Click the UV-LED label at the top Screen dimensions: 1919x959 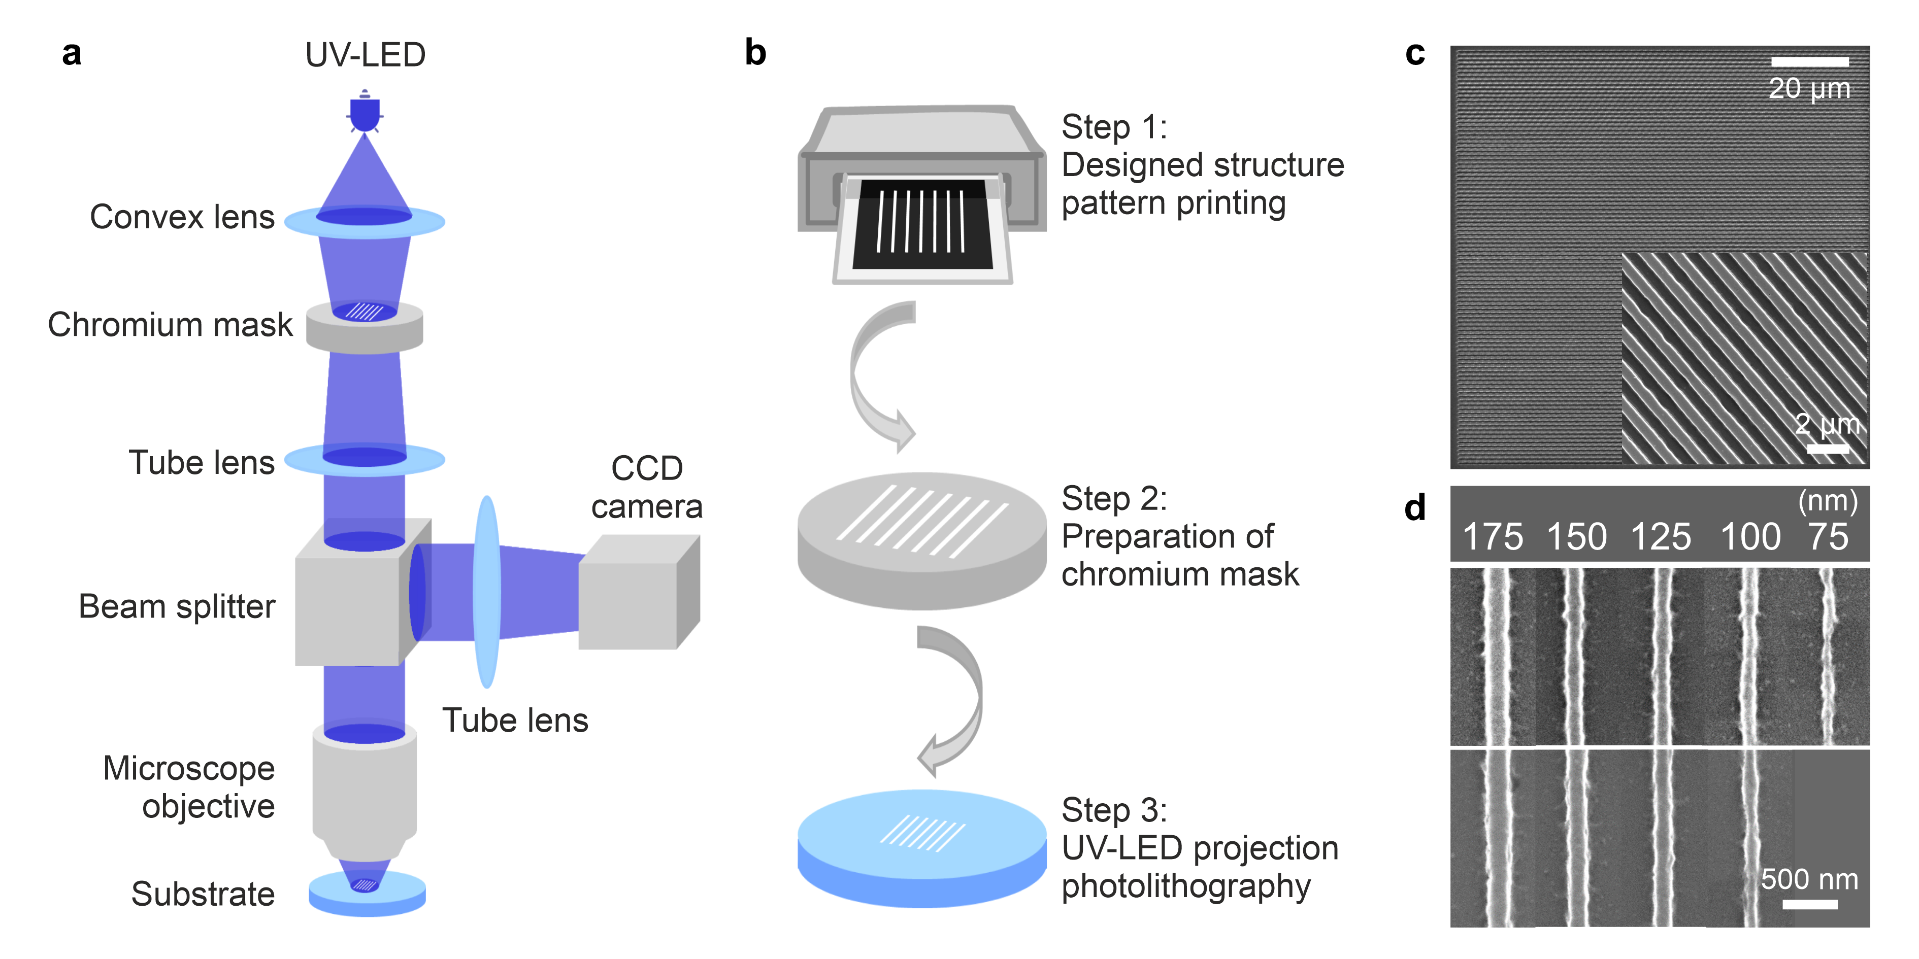[x=365, y=55]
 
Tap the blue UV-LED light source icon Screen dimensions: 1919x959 [x=365, y=112]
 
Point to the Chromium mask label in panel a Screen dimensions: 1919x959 [x=170, y=325]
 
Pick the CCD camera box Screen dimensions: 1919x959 [x=639, y=593]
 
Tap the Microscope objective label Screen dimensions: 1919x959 [x=188, y=787]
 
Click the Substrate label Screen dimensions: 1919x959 [x=203, y=894]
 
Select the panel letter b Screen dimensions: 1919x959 [x=755, y=53]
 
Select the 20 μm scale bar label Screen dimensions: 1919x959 [x=1809, y=89]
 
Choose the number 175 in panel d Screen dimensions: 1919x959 [x=1493, y=537]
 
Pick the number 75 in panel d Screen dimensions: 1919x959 [x=1828, y=537]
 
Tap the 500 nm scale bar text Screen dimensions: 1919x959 [x=1809, y=880]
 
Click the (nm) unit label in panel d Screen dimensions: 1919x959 [x=1828, y=502]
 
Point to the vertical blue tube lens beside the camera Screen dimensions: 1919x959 [x=486, y=592]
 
